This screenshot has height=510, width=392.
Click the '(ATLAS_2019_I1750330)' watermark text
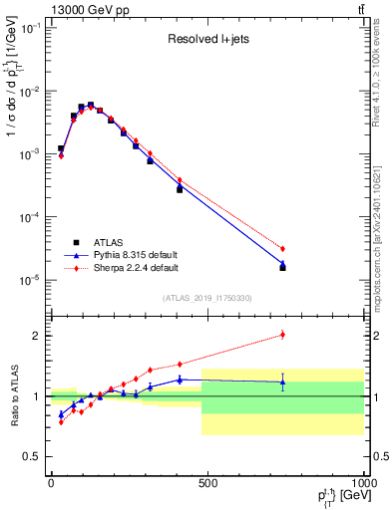point(206,297)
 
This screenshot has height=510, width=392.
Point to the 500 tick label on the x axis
point(207,483)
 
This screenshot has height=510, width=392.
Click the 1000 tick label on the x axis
point(362,483)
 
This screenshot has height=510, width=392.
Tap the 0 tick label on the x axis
point(51,483)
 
